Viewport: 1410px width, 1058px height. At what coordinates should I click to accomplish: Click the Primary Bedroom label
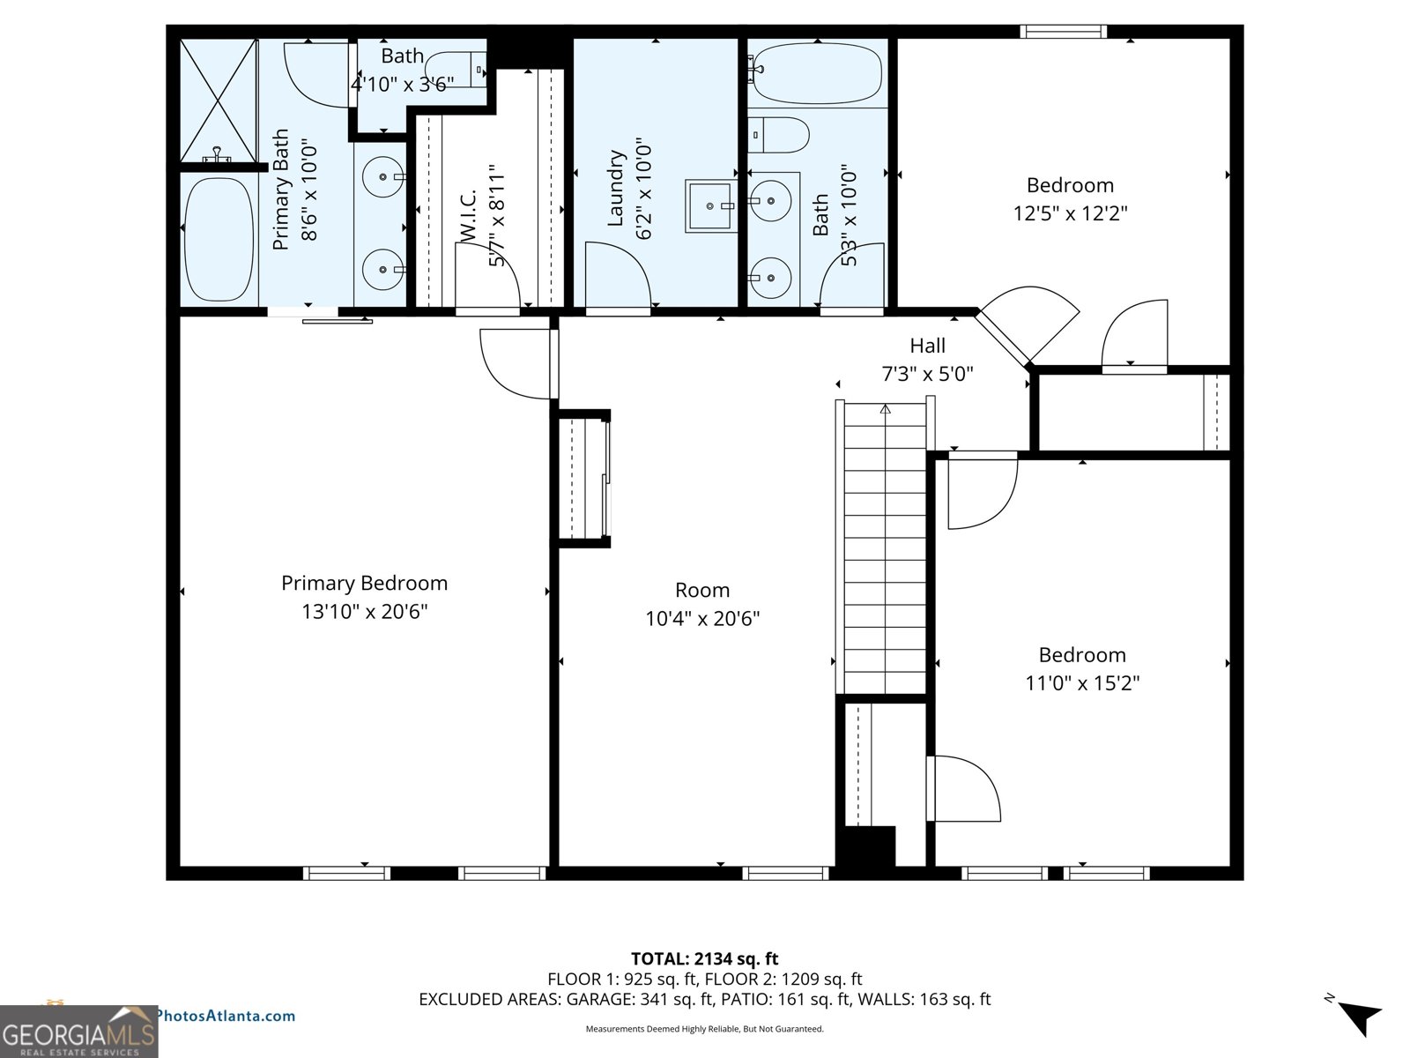pos(364,583)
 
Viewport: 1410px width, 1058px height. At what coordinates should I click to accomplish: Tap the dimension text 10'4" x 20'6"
pos(701,619)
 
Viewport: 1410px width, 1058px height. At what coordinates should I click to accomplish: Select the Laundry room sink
pos(710,205)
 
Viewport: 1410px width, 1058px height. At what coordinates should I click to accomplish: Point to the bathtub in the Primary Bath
pos(218,238)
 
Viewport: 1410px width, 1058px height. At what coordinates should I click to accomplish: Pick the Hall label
pos(927,346)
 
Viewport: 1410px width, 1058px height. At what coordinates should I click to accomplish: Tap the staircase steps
pos(885,547)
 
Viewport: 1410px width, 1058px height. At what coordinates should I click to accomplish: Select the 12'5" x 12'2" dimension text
pos(1070,213)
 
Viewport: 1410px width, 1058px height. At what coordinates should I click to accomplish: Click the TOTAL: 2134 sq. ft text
pos(704,958)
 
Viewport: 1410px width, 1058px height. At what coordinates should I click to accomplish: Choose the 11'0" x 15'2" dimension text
pos(1081,683)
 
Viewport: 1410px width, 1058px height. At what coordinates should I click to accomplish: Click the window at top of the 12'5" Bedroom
pos(1063,32)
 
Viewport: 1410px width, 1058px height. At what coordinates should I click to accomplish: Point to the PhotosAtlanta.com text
pos(226,1016)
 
